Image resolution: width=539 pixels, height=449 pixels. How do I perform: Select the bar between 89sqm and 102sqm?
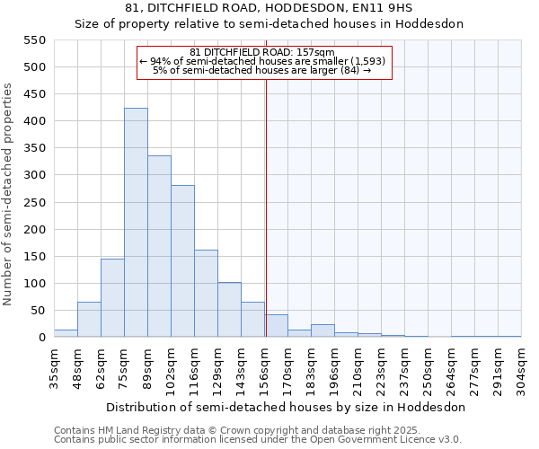coord(159,247)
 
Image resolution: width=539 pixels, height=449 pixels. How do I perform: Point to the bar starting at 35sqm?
coord(66,333)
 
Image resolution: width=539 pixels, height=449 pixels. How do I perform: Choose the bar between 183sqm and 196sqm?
coord(323,330)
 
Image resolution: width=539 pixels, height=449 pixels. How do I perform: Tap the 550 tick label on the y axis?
coord(33,40)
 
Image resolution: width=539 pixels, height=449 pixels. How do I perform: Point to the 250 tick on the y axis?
coord(33,203)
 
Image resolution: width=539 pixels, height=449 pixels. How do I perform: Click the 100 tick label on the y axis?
coord(33,284)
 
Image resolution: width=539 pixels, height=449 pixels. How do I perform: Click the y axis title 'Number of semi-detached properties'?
coord(9,194)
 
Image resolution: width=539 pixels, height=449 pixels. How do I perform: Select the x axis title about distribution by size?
coord(287,407)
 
